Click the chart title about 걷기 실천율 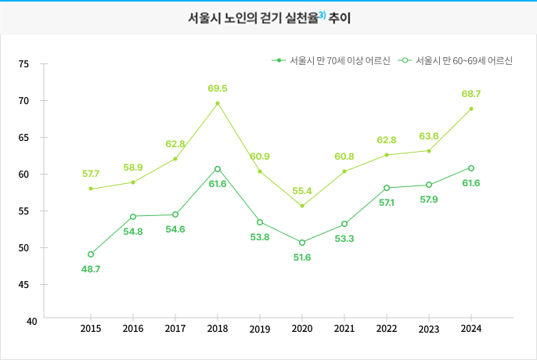coord(268,17)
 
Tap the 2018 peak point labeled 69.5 coord(218,103)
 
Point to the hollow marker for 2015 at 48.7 coord(91,254)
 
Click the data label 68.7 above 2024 coord(470,94)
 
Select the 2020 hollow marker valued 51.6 coord(302,243)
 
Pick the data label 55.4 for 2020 coord(301,190)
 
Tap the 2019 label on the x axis coord(260,329)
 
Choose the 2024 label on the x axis coord(471,329)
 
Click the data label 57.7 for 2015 coord(91,172)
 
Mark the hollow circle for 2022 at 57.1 coord(387,188)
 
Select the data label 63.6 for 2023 coord(429,135)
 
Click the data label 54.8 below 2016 coord(133,232)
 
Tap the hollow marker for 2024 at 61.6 coord(471,168)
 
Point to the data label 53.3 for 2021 coord(344,239)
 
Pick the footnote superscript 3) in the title coord(322,14)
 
